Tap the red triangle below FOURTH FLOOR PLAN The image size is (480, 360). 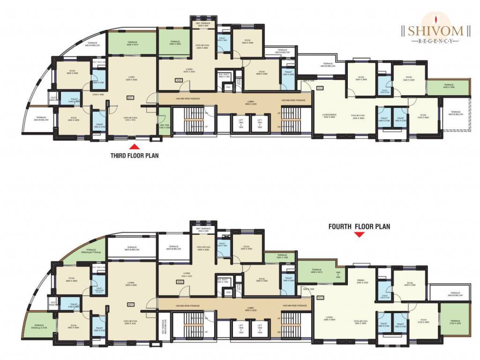coord(359,235)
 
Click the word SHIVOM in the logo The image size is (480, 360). coord(435,31)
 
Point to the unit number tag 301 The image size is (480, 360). coord(130,97)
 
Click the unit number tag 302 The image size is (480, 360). coord(179,81)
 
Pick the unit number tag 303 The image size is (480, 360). coord(320,88)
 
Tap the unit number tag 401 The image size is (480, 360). coord(130,304)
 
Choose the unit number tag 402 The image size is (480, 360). coord(180,282)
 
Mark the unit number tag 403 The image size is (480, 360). coord(321,298)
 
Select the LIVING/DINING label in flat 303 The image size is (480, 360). coord(329,115)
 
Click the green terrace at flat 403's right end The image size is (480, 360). coord(455,320)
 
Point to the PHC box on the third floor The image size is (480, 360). coord(229,87)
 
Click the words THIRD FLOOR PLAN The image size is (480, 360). coord(135,156)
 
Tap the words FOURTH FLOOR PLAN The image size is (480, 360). coord(359,226)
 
